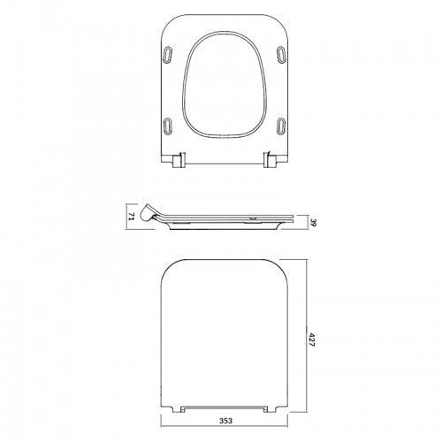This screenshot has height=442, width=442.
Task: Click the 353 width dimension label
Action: point(225,421)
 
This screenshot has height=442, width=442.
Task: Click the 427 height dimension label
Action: point(312,339)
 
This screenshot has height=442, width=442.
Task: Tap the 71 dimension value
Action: point(132,217)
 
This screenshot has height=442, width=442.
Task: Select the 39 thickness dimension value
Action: point(313,222)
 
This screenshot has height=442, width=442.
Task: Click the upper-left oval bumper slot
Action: point(167,54)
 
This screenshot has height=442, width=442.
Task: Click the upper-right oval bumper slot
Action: point(281,54)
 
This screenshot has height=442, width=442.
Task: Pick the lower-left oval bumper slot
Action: point(167,126)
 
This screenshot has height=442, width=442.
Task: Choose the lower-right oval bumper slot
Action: point(281,126)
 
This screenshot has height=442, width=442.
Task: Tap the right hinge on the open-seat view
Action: point(270,160)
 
